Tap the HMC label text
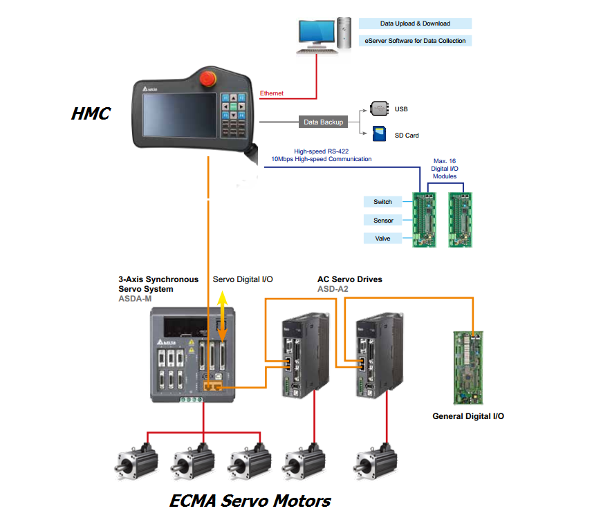pos(91,113)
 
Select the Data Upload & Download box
pos(415,24)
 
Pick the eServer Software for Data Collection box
pos(415,41)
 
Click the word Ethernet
pos(272,93)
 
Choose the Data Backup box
pos(323,122)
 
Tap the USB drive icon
pos(378,109)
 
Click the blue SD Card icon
pos(378,133)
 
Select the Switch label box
pos(382,202)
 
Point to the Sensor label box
pos(382,221)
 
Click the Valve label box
pos(382,239)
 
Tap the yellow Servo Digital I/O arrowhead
pos(222,299)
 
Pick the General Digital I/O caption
pos(468,416)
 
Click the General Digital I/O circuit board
pos(472,366)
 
